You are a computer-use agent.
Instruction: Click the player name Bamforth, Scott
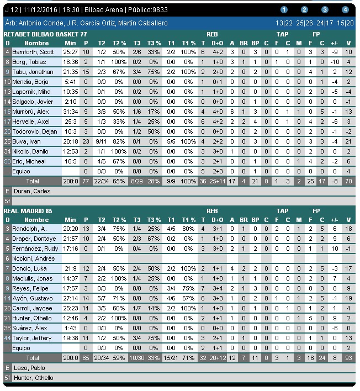(33, 52)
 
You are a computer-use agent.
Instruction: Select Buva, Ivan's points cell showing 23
(86, 141)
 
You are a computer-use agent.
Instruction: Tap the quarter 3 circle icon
(325, 10)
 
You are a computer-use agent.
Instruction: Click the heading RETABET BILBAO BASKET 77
(45, 34)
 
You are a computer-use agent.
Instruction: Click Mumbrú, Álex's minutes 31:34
(70, 112)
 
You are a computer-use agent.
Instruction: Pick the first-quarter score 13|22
(284, 23)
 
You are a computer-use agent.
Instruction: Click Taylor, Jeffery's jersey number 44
(7, 338)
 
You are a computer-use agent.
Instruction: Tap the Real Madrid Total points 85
(86, 358)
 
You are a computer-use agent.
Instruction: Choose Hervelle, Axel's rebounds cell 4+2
(218, 121)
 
